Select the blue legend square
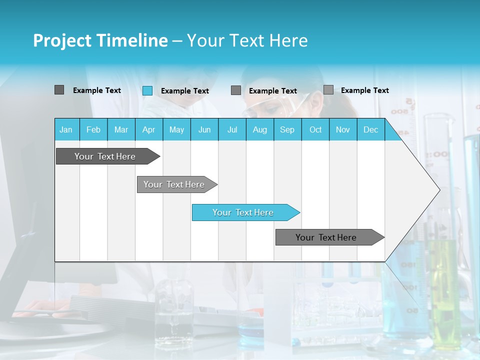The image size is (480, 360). point(147,90)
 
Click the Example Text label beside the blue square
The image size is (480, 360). point(184,91)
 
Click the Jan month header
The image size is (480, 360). point(66,130)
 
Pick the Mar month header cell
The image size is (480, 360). point(121,130)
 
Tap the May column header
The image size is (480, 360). point(176,130)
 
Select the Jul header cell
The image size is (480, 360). point(232,130)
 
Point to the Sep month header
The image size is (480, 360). point(287,130)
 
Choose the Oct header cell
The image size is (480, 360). point(315,130)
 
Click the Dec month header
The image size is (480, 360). point(370,130)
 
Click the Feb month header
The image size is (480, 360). point(93,130)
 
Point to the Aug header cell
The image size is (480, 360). point(259,130)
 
